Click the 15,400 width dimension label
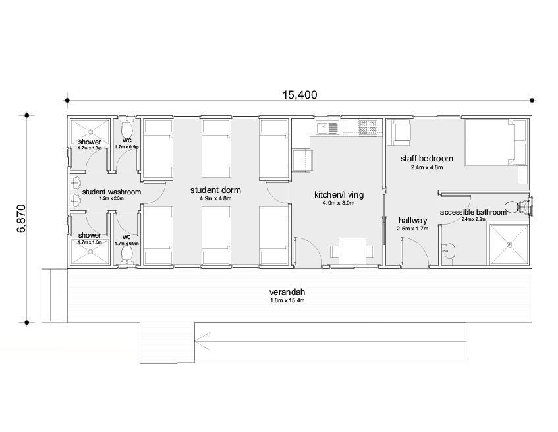click(300, 95)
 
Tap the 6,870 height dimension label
click(21, 219)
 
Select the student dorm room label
click(215, 190)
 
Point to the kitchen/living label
click(339, 195)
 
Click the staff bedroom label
click(427, 158)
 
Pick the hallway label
click(413, 220)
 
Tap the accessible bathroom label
click(473, 213)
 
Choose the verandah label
click(287, 292)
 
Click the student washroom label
click(111, 192)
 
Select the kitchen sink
click(327, 128)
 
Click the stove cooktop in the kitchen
click(368, 127)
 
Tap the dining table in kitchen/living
click(352, 251)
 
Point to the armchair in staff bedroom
click(399, 132)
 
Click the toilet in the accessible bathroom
click(516, 206)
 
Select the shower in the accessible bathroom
click(509, 244)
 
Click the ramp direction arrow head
click(202, 341)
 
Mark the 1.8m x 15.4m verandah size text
click(287, 301)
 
